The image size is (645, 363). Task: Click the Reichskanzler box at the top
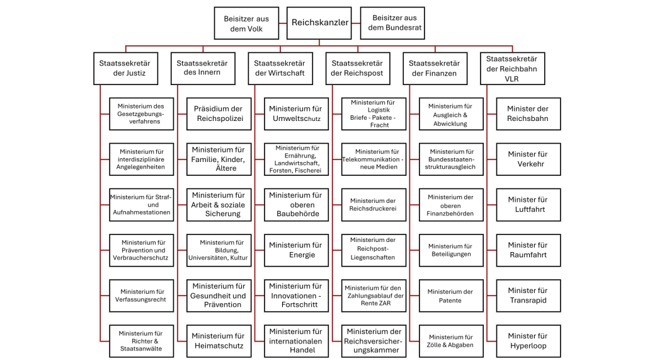[x=319, y=23]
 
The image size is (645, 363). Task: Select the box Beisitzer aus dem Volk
[x=246, y=24]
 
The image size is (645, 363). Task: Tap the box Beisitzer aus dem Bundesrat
[x=392, y=23]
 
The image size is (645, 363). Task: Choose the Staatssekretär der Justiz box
[x=130, y=68]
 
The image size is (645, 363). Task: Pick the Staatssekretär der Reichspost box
[x=357, y=68]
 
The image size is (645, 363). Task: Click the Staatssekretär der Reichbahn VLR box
[x=512, y=69]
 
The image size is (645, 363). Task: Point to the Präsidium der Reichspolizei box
[x=219, y=113]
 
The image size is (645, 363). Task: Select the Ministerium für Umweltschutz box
[x=295, y=113]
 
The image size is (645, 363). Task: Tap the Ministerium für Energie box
[x=295, y=250]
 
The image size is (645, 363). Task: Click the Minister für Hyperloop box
[x=527, y=341]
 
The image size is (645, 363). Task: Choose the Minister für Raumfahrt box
[x=527, y=250]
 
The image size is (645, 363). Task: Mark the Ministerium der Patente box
[x=450, y=296]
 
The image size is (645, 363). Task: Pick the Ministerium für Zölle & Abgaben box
[x=450, y=341]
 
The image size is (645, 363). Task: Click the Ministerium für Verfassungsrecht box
[x=142, y=296]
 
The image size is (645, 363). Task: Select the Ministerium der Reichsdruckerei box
[x=373, y=205]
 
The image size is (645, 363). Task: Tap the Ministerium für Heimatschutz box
[x=219, y=341]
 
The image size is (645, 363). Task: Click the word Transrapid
[x=528, y=301]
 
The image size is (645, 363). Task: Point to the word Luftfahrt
[x=528, y=209]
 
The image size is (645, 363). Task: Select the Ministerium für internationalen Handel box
[x=295, y=341]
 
